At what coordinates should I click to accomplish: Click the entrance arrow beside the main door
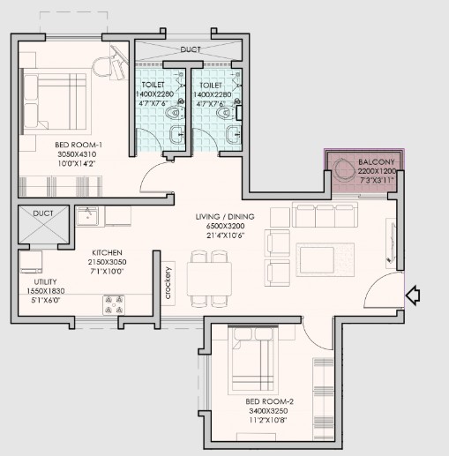[x=413, y=295]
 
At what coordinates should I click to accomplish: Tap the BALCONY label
[x=377, y=162]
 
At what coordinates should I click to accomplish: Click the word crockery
[x=168, y=283]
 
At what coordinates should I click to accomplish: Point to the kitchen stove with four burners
[x=114, y=305]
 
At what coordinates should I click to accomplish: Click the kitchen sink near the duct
[x=87, y=216]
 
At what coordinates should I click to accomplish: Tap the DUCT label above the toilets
[x=191, y=49]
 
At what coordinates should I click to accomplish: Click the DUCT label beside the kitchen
[x=43, y=213]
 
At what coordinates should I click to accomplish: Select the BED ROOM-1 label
[x=79, y=145]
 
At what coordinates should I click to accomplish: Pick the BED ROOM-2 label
[x=269, y=401]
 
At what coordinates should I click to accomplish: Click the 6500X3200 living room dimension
[x=226, y=226]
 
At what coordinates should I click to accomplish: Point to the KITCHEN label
[x=107, y=252]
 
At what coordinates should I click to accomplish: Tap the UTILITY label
[x=45, y=282]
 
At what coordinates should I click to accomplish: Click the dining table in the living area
[x=209, y=279]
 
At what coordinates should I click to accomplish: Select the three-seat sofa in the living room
[x=325, y=214]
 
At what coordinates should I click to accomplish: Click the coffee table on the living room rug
[x=317, y=259]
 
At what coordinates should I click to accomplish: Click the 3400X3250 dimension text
[x=268, y=411]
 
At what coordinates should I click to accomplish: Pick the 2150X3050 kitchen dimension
[x=107, y=262]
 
